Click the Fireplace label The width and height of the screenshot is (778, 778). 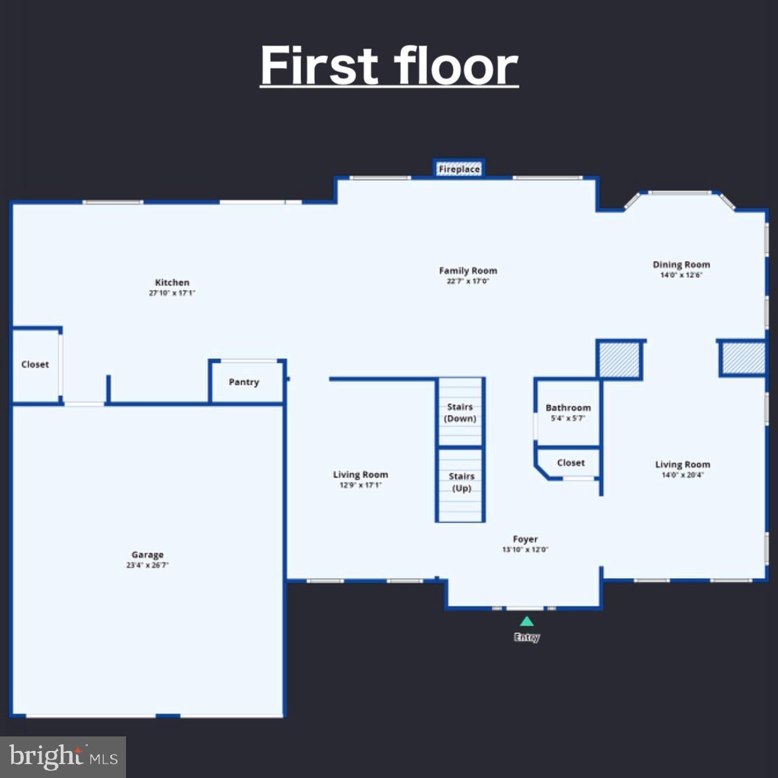(459, 170)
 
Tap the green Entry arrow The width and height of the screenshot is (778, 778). (527, 621)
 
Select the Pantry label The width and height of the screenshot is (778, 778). (243, 382)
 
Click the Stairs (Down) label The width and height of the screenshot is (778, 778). (460, 412)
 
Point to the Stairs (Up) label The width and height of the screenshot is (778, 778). (461, 482)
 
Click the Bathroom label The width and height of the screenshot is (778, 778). (568, 408)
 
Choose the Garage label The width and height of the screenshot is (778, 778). (147, 555)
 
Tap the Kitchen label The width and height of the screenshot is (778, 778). (172, 282)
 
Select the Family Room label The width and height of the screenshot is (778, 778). (468, 271)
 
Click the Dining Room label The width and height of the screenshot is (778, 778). (681, 265)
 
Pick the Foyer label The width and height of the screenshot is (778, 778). (525, 539)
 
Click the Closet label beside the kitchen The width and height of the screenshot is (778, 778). (35, 364)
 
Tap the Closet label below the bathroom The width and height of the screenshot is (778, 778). (571, 463)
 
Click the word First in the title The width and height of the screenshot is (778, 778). (320, 66)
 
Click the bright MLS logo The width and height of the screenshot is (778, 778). (63, 757)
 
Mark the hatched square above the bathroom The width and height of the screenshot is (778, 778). (620, 360)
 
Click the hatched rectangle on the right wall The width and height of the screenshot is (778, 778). (742, 358)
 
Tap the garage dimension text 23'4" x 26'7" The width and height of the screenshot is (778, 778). (147, 566)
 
